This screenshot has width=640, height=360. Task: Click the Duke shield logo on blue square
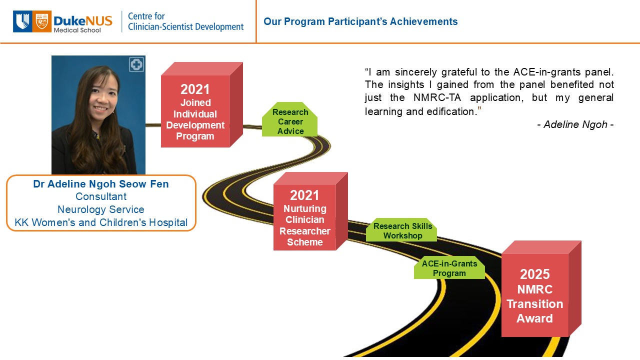point(22,21)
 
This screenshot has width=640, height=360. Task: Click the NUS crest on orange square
point(42,21)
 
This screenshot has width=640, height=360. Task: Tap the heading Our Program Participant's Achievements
point(360,21)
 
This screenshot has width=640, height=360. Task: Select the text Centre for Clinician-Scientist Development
point(185,21)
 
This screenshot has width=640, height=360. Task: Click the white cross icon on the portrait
point(136,64)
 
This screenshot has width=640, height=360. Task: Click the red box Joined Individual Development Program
point(201,105)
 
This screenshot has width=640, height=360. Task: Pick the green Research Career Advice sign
point(289,119)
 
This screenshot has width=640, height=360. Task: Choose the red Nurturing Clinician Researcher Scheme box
point(310,211)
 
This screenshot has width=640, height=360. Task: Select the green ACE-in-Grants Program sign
point(449,267)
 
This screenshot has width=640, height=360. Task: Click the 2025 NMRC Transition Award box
point(541,289)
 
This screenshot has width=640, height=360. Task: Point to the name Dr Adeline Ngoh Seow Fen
point(101,184)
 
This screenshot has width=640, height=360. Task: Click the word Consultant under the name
point(101,196)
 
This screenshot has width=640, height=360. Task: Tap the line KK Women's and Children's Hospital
point(101,222)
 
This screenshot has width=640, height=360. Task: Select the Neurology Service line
point(101,209)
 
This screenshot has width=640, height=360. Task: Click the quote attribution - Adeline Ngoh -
point(575,124)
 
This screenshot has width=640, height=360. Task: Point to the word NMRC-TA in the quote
point(437,97)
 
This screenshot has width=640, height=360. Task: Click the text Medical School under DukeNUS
point(77,30)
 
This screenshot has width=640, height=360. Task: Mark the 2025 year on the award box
point(535,274)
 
